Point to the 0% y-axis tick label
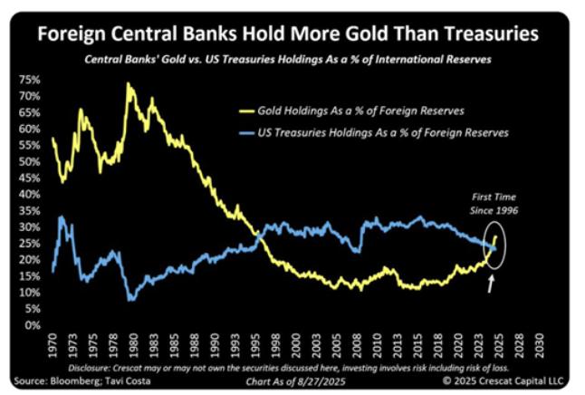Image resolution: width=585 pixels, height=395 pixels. coord(31,325)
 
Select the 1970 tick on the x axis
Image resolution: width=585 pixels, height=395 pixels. coord(54,344)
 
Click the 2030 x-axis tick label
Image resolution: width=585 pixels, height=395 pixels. coord(540,344)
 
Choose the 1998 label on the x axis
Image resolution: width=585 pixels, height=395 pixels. coord(281,344)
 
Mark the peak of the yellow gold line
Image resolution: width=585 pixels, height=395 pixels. coord(129,83)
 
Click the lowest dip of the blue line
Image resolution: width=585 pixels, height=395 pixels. coord(132,299)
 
